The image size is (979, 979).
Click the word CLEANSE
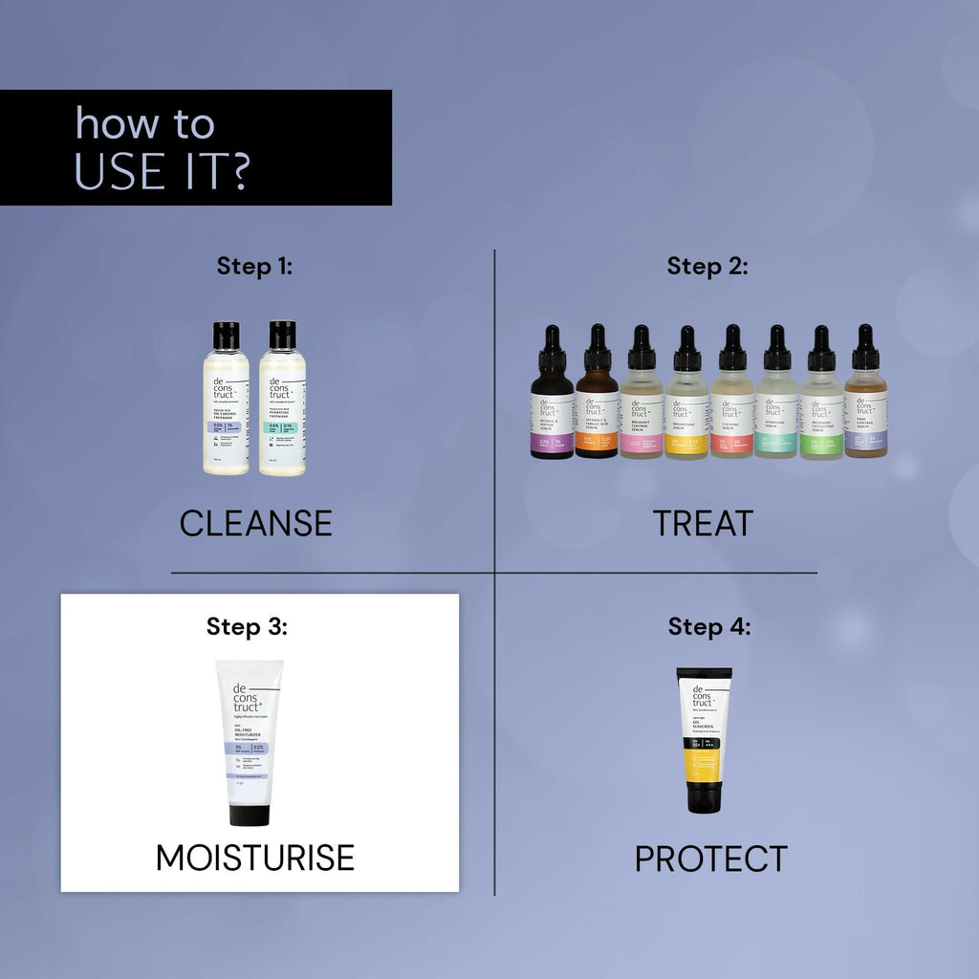(x=255, y=523)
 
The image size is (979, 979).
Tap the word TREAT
(x=703, y=523)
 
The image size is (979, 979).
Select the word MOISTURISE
(x=255, y=858)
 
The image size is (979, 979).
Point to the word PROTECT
(x=710, y=859)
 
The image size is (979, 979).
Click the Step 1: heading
(x=254, y=266)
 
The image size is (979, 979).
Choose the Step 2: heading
(x=707, y=266)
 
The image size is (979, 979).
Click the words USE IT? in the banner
(x=163, y=170)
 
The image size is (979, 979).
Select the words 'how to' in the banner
(x=145, y=124)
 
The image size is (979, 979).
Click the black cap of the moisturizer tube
(x=249, y=815)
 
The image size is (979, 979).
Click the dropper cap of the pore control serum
(x=865, y=350)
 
